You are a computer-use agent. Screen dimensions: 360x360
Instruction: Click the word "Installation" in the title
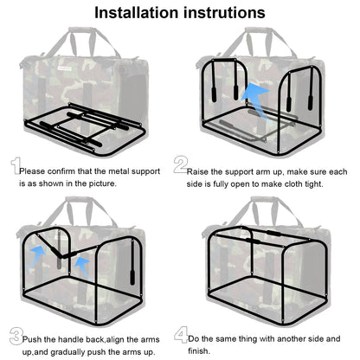pos(136,13)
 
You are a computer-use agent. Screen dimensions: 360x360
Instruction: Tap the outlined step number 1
pos(16,165)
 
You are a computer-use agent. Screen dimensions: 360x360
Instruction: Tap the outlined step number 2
pos(181,165)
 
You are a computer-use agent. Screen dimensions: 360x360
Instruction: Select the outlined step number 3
pos(16,337)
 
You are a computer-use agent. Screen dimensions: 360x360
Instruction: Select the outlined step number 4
pos(181,335)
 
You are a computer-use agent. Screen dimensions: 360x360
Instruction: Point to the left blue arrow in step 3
pos(36,257)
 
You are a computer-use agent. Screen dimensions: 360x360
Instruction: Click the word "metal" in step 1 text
pos(119,171)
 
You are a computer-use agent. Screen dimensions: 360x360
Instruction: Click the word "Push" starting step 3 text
pos(32,339)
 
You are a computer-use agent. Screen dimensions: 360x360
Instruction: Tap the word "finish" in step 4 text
pos(198,351)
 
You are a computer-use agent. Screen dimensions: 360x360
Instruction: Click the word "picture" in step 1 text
pos(102,183)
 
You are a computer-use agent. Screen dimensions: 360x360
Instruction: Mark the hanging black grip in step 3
pos(132,277)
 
